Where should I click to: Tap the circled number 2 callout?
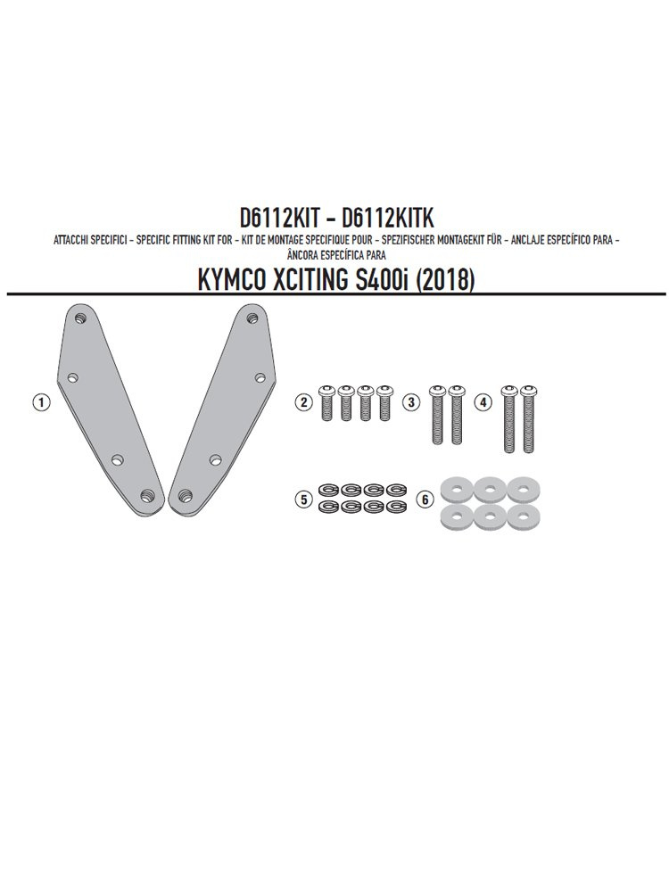(x=304, y=402)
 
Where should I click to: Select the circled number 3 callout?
(x=410, y=402)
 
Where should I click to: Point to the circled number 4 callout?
(x=483, y=402)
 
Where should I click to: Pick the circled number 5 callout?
(x=304, y=500)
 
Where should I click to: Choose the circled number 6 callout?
(x=425, y=500)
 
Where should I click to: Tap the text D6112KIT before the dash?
(x=275, y=218)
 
